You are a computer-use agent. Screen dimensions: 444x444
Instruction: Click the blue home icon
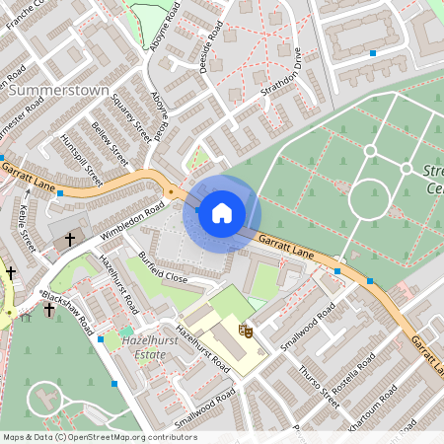coord(222,211)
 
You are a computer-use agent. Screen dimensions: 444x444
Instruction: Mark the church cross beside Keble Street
coord(69,239)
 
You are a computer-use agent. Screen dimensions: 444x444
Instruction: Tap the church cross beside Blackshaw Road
coord(49,310)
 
